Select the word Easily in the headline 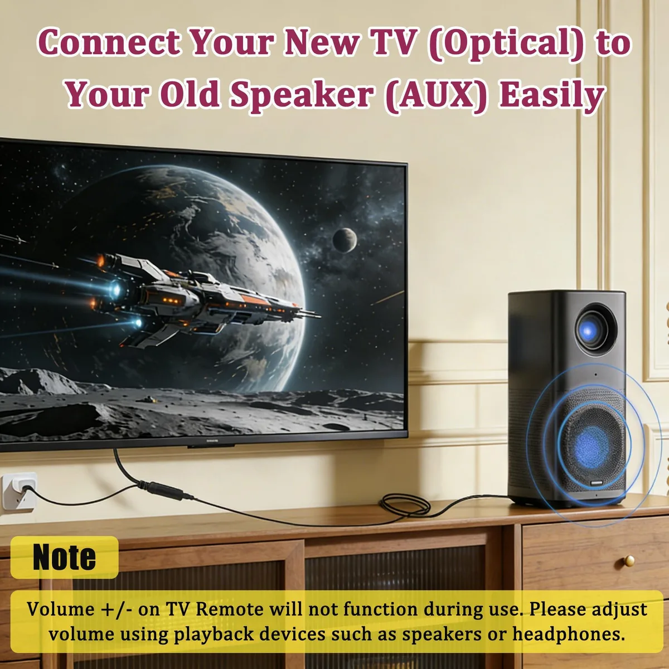click(552, 96)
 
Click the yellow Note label click(65, 557)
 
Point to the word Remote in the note click(229, 609)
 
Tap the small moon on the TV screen click(345, 240)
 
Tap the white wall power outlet click(20, 491)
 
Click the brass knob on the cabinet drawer click(629, 560)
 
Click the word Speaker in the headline click(302, 96)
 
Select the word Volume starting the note click(60, 609)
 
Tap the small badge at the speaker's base click(597, 483)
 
